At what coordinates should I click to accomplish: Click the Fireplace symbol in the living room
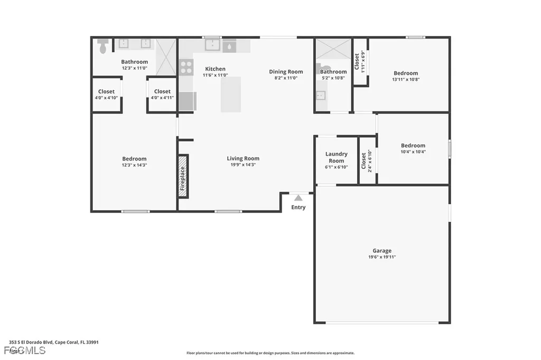pos(183,176)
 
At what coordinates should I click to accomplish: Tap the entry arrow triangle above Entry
pos(299,198)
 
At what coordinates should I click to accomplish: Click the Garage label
pos(382,251)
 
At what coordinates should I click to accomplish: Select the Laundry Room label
pos(336,157)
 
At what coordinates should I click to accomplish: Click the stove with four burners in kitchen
pos(186,67)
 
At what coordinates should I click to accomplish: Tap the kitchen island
pos(231,94)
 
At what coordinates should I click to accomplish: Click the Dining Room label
pos(286,72)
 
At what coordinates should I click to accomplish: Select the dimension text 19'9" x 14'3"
pos(243,165)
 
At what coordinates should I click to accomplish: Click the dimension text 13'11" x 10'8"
pos(406,80)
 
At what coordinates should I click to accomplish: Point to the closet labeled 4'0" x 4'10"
pos(106,94)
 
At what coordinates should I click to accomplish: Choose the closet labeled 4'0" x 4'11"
pos(162,94)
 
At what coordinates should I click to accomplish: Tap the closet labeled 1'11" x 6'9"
pos(360,62)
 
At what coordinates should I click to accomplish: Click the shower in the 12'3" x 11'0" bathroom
pos(165,57)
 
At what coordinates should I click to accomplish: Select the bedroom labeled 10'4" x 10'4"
pos(413,148)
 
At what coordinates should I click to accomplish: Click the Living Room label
pos(243,158)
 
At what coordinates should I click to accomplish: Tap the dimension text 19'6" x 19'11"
pos(382,257)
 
